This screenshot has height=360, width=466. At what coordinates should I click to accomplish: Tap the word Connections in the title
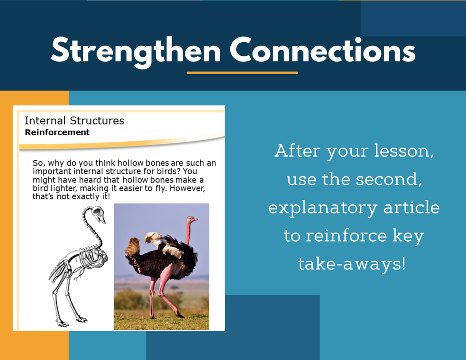(x=323, y=50)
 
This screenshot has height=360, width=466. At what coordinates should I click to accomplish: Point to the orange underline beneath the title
(x=242, y=72)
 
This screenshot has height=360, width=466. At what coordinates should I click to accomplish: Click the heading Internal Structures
(x=74, y=121)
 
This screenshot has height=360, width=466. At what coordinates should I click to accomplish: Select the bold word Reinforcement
(x=57, y=132)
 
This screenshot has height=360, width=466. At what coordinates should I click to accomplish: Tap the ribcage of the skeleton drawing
(x=92, y=257)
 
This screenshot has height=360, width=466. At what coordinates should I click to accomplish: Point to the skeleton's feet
(x=71, y=322)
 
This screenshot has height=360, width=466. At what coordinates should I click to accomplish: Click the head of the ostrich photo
(x=192, y=220)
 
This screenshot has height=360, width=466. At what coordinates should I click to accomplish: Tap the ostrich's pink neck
(x=188, y=233)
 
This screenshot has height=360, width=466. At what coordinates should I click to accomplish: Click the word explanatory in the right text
(x=323, y=208)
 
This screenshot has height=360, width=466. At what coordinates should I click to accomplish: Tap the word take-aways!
(x=352, y=264)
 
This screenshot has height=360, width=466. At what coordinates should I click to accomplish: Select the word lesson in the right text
(x=402, y=151)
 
